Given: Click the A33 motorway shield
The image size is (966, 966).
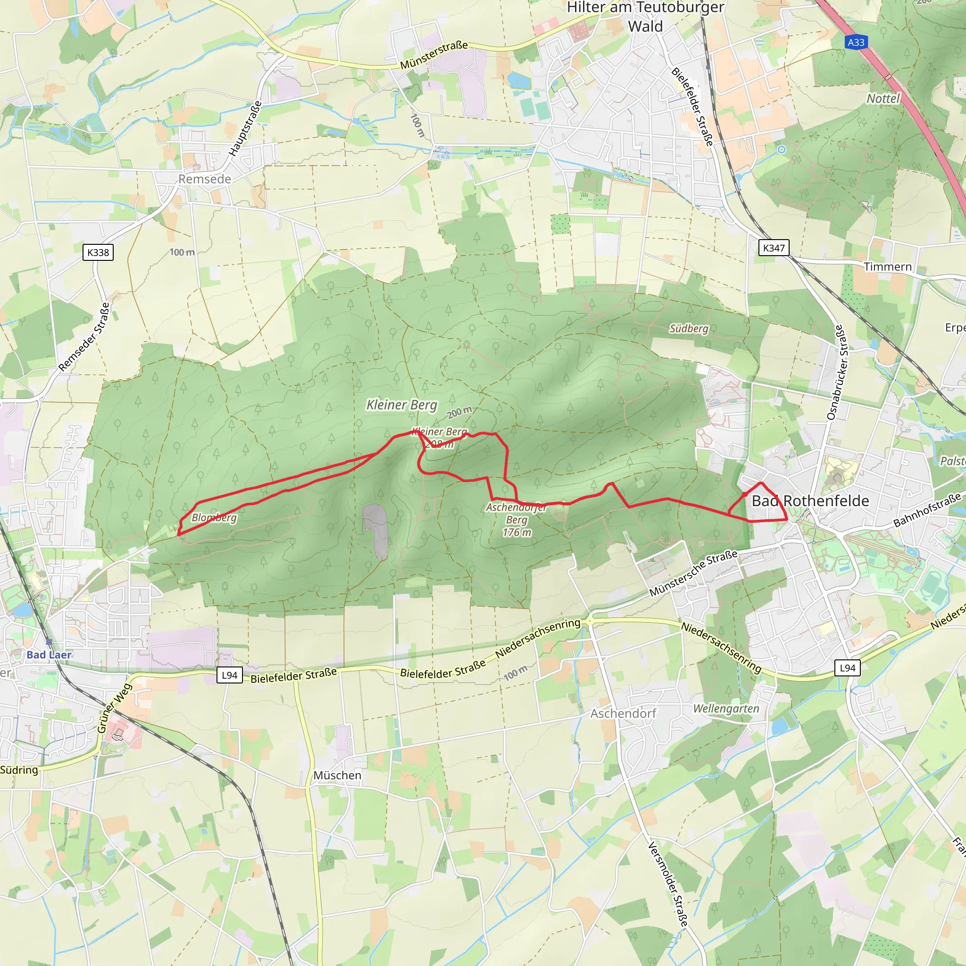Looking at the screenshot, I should tap(856, 42).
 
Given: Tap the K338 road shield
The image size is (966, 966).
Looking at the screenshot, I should tap(98, 252).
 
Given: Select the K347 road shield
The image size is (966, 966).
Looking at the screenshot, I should tap(774, 248).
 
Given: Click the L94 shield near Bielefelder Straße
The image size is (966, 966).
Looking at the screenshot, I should tap(230, 675).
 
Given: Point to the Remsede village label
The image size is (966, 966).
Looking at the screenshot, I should tap(205, 179).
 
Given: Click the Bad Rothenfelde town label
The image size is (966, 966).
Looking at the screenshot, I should tap(810, 500).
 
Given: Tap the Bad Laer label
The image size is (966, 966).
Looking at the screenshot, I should tap(49, 655).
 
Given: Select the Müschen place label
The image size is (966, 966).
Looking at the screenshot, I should tap(337, 775).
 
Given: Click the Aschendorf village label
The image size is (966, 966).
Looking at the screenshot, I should tap(623, 714).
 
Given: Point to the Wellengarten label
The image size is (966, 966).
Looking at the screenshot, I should tap(725, 708).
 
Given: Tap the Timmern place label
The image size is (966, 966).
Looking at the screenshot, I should tap(888, 267).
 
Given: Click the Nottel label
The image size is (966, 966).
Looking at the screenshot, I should tap(883, 99).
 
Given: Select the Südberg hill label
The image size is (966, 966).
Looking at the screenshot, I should tap(689, 328).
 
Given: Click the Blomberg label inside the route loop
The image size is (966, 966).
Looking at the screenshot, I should tap(214, 517).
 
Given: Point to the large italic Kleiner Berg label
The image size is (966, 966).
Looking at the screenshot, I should tap(401, 405).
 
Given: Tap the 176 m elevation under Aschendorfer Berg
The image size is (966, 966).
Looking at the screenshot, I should tap(516, 533).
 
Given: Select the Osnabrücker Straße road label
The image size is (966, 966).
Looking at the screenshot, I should tap(838, 372).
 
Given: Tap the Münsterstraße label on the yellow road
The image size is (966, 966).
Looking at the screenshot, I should tap(433, 55).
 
